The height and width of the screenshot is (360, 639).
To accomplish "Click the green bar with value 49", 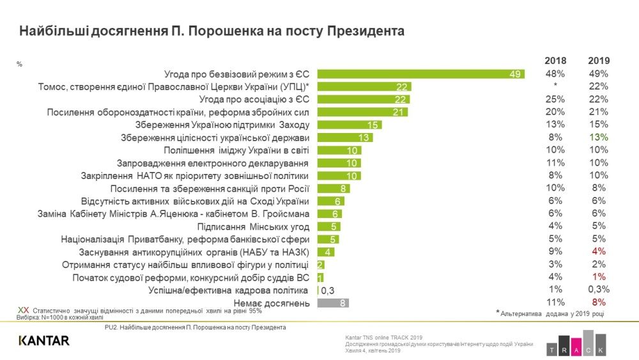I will [421, 74].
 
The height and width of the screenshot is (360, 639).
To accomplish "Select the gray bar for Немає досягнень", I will [333, 303].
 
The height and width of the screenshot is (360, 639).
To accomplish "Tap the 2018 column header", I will [555, 61].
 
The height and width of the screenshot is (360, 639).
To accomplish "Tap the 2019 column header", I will [598, 61].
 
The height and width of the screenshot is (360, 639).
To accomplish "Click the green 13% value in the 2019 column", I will [598, 137].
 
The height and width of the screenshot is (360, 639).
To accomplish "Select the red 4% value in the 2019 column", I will [598, 251].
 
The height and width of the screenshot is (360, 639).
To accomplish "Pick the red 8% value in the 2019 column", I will [598, 302].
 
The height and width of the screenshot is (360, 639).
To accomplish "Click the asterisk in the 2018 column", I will [555, 86].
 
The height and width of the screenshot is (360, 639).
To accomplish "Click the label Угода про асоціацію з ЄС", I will [254, 99].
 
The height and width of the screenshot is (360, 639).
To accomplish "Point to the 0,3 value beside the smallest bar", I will [327, 290].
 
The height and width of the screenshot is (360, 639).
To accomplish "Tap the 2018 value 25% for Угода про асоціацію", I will [555, 99].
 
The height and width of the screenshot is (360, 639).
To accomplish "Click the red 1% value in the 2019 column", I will [598, 277].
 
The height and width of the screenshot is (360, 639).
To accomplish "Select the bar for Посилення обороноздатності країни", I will [362, 112].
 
